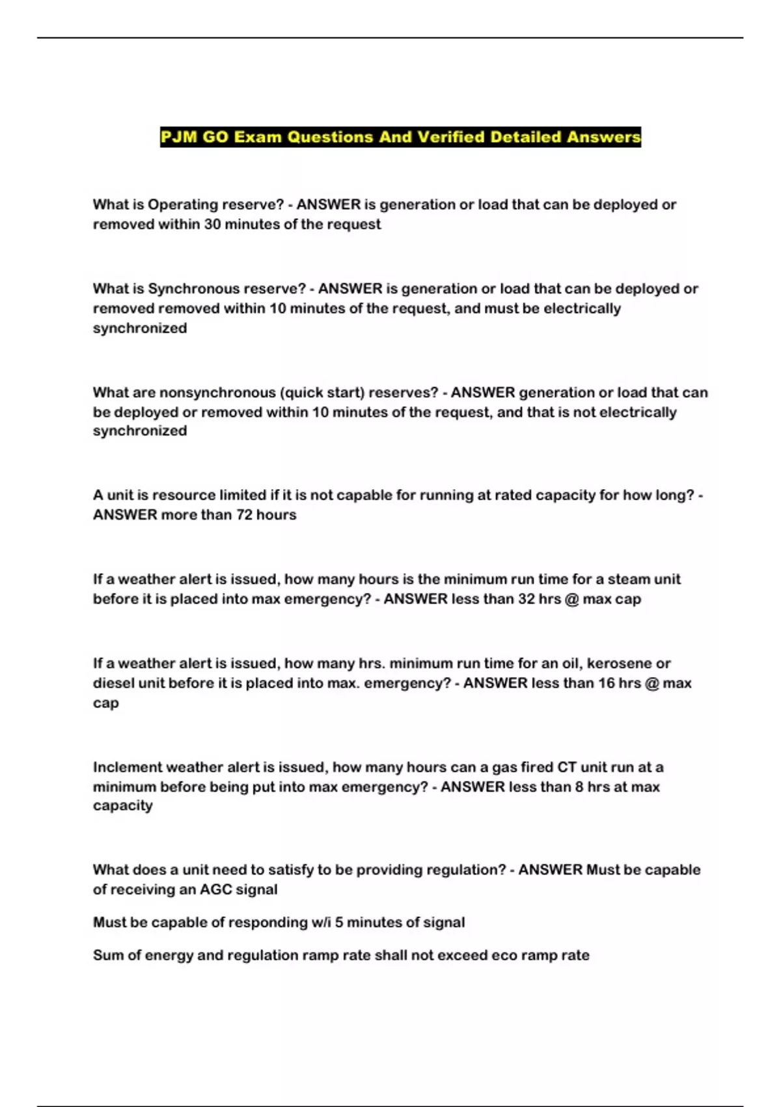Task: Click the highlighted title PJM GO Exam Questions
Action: pyautogui.click(x=400, y=137)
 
